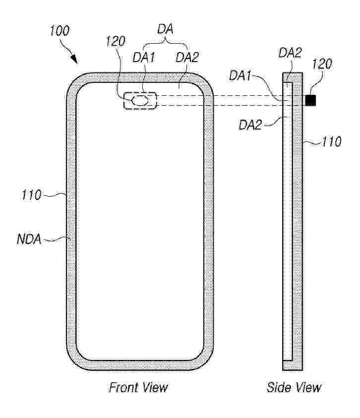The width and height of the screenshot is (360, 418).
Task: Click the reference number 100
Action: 60,31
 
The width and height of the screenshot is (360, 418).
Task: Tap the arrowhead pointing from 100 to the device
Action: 75,59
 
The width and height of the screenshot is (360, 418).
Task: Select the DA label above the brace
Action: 165,29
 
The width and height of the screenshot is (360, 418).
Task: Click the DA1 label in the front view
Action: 144,57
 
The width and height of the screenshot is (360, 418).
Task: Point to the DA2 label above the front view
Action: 187,57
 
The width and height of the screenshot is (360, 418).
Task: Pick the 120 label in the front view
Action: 116,41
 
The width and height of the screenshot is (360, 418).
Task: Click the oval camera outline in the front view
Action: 140,100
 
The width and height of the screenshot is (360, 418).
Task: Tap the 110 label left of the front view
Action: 32,195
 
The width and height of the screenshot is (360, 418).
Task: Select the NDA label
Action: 29,239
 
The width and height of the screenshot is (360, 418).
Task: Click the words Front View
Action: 138,387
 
